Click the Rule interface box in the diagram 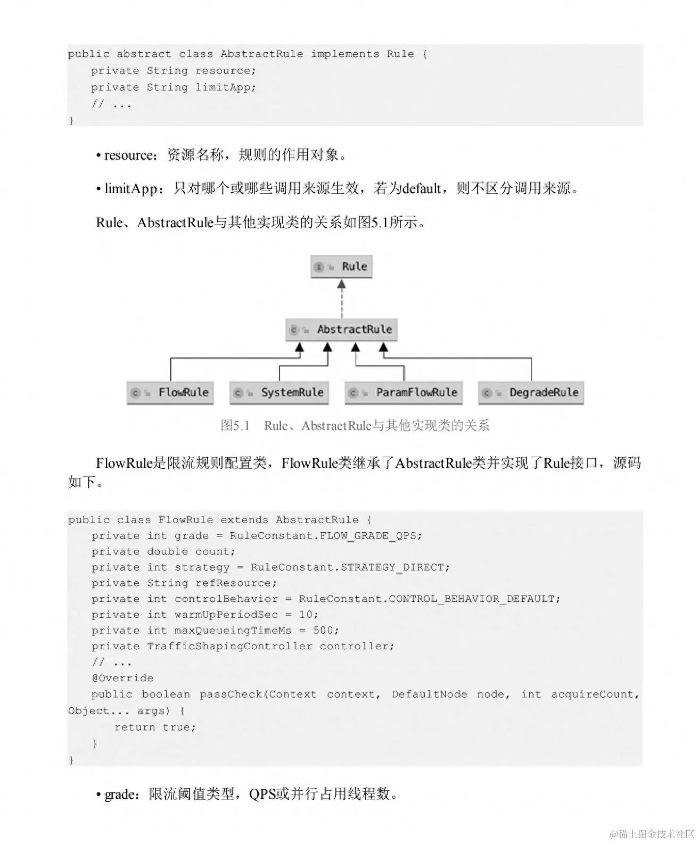click(341, 267)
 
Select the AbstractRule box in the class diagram click(341, 330)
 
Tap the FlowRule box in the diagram click(170, 393)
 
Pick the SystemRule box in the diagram click(279, 393)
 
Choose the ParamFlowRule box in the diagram click(403, 393)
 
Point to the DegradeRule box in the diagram click(531, 393)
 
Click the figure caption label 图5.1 click(235, 426)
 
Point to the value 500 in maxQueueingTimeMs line click(323, 630)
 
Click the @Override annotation click(122, 678)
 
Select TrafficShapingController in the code click(229, 646)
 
